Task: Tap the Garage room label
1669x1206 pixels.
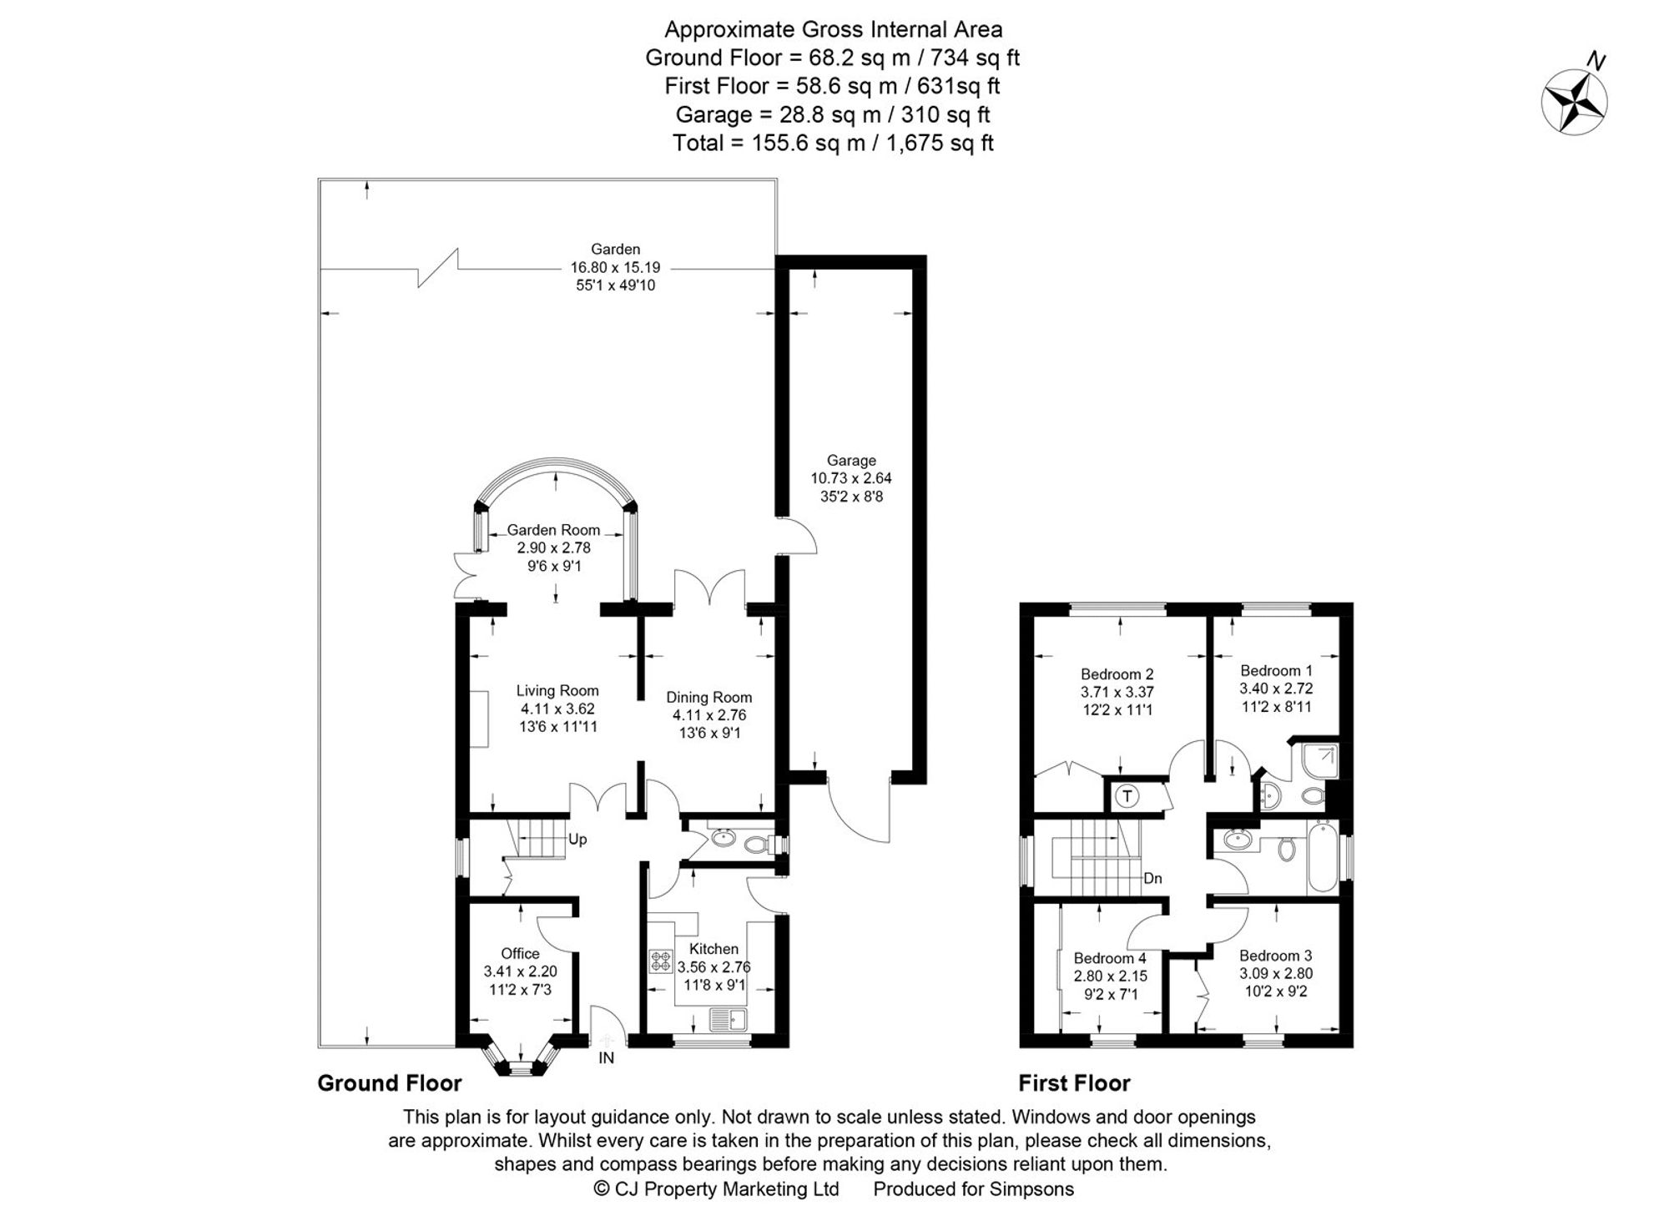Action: point(851,461)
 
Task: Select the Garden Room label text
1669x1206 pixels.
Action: point(553,530)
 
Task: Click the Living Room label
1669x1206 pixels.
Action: point(557,691)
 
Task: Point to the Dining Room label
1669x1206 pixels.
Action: point(709,698)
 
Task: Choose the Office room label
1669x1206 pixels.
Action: point(520,953)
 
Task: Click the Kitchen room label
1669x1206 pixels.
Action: point(713,949)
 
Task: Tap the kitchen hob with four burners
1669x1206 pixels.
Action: point(661,961)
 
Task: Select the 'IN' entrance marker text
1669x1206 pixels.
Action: point(606,1058)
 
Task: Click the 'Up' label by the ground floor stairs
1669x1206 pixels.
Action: point(577,840)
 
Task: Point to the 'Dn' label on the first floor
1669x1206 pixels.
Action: point(1152,879)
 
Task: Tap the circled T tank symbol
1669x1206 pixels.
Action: point(1127,796)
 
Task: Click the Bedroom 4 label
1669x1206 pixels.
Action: point(1110,958)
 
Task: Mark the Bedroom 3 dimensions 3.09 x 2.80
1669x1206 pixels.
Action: point(1276,974)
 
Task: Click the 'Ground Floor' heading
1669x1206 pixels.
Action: point(389,1083)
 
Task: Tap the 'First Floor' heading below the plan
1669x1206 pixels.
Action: point(1074,1083)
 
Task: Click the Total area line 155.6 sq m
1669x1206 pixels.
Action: point(833,143)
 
